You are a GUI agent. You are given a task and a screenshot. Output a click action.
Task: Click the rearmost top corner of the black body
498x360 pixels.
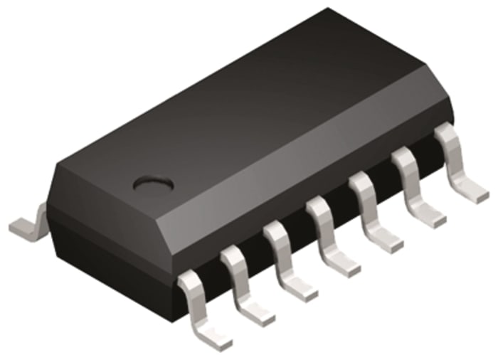[329, 10]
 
